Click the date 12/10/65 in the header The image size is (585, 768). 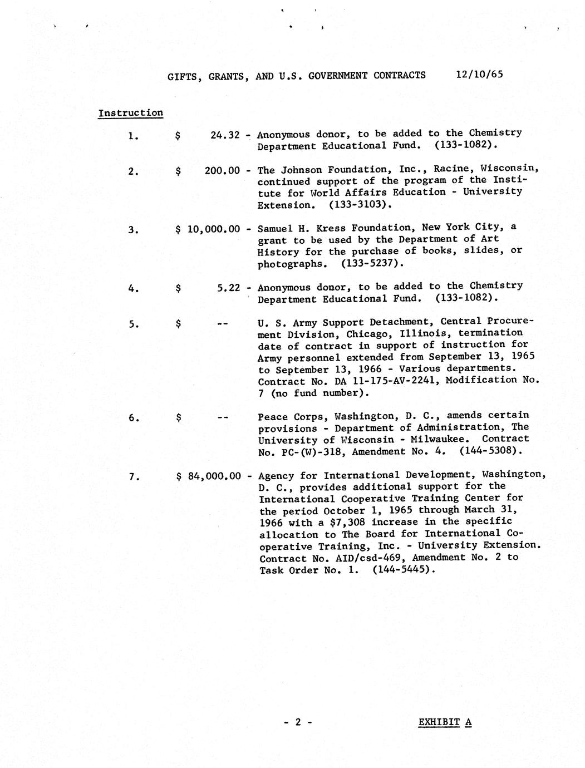(479, 74)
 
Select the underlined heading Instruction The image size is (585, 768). (131, 113)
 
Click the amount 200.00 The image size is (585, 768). (222, 170)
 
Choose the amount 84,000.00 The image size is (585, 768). (214, 476)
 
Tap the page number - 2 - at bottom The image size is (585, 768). (298, 722)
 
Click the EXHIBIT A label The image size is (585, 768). (445, 722)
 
